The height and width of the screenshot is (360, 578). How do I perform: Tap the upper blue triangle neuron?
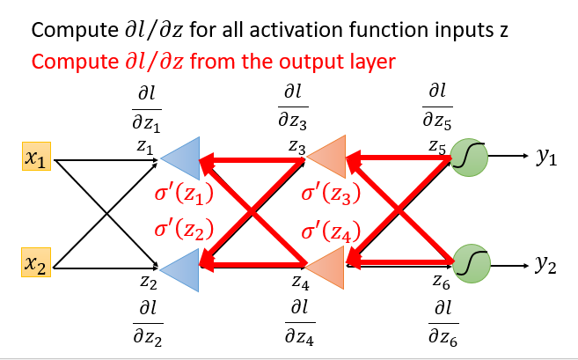183,159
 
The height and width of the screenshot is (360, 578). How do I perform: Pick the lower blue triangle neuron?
183,263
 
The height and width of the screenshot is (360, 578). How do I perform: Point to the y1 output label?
546,158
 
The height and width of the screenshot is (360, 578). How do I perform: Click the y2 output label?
546,264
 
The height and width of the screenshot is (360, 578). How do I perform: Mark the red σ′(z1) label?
184,195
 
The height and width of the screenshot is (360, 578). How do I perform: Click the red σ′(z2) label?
184,231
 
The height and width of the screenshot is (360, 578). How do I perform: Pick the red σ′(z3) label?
331,195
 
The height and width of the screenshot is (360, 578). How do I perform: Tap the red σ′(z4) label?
331,231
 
